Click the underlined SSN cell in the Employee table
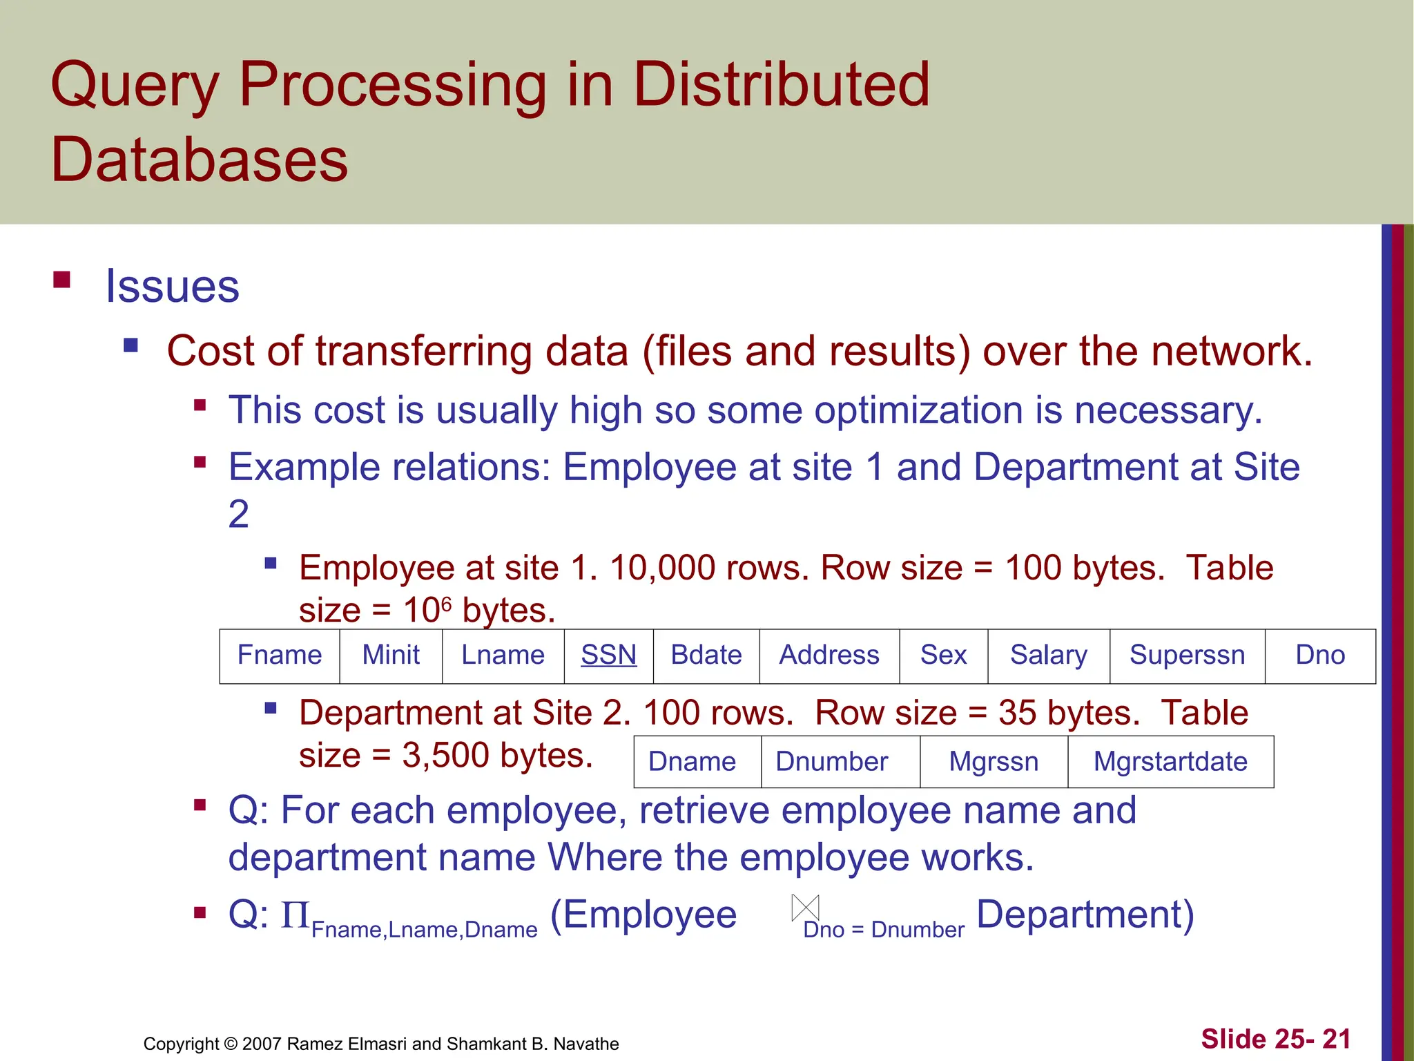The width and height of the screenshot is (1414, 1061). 608,655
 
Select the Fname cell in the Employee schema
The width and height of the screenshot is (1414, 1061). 280,655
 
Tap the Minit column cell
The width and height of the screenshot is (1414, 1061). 391,655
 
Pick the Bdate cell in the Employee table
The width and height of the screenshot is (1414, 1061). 706,655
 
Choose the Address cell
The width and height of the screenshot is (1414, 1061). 829,655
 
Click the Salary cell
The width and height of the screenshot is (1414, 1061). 1048,655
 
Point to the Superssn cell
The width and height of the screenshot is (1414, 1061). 1187,655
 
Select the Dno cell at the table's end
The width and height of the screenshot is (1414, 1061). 1320,655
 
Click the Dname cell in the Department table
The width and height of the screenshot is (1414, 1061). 692,761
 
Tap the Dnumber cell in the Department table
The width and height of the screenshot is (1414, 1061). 831,761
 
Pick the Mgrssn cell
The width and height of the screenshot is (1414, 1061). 994,761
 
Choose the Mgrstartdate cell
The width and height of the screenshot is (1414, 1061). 1170,761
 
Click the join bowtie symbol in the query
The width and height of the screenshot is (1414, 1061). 805,908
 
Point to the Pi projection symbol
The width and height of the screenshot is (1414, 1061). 295,915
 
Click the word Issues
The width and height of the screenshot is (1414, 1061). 172,286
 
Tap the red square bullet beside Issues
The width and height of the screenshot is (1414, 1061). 62,280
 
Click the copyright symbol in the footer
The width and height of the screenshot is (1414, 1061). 231,1044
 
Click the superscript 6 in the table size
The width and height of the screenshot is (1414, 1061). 446,604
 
